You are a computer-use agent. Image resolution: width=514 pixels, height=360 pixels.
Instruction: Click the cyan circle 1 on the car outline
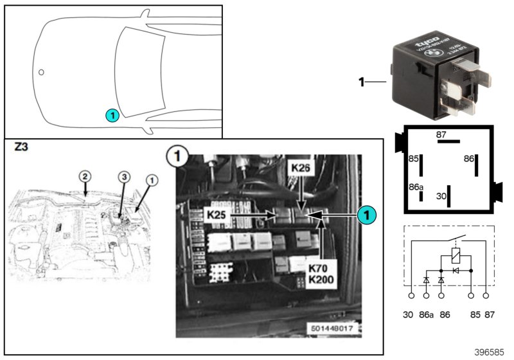[112, 116]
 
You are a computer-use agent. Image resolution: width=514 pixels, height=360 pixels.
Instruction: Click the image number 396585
[490, 353]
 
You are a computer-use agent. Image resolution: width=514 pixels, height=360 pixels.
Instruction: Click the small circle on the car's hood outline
[40, 73]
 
